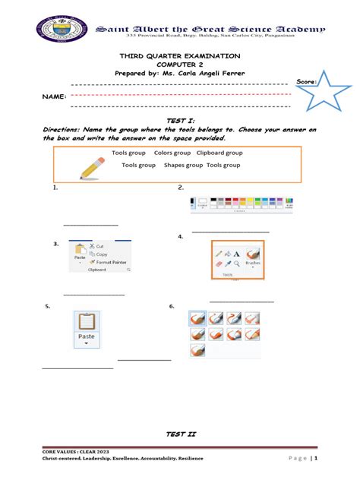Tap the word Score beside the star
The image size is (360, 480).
pyautogui.click(x=306, y=81)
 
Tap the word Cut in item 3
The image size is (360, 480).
pyautogui.click(x=100, y=246)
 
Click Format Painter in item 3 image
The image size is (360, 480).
pyautogui.click(x=111, y=261)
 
